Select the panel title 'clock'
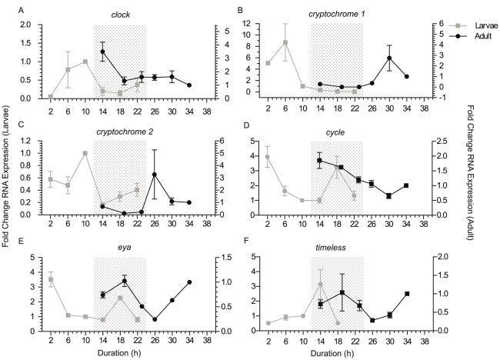[119, 14]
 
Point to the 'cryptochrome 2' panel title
[119, 132]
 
